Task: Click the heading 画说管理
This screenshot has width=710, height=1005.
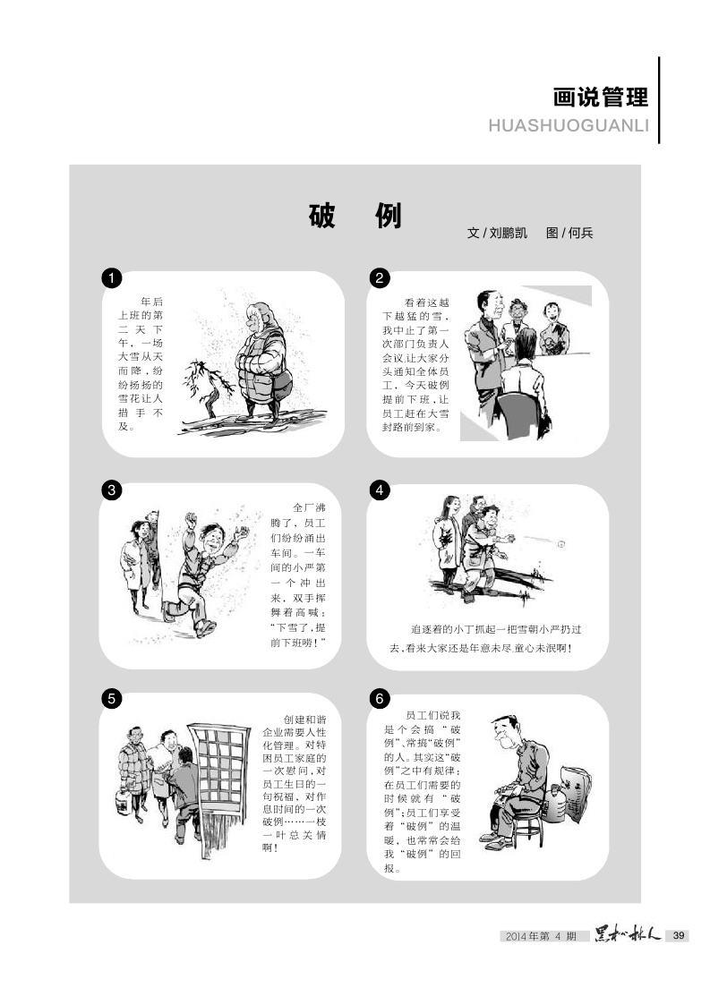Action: point(601,98)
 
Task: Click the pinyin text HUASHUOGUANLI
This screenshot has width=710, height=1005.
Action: point(569,125)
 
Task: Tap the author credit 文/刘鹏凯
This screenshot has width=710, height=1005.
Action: point(497,233)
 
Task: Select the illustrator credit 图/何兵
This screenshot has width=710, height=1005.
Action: point(569,233)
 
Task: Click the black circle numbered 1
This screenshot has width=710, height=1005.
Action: point(112,278)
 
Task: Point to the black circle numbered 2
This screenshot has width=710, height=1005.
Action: point(380,278)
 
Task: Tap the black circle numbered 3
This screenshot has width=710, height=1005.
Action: point(112,490)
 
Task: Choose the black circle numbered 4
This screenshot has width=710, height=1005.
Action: point(380,490)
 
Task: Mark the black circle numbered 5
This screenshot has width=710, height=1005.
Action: point(112,698)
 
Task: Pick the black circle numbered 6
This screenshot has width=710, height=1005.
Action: point(380,698)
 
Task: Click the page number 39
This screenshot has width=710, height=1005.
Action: point(678,936)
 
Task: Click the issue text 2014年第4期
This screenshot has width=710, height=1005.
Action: point(541,936)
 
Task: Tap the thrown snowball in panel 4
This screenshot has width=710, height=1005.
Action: point(561,544)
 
